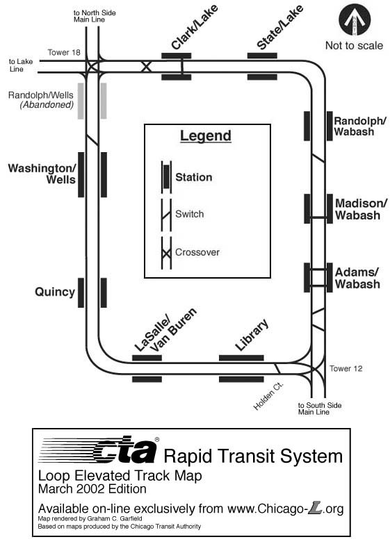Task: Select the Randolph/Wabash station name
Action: point(360,126)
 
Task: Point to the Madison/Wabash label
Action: point(360,208)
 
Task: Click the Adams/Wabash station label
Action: point(357,277)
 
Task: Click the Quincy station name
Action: point(55,292)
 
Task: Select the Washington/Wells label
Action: point(41,174)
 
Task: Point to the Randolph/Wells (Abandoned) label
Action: point(40,99)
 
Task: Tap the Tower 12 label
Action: point(346,368)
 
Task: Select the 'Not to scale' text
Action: point(354,46)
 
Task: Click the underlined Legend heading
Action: point(205,135)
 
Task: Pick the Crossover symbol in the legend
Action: point(166,252)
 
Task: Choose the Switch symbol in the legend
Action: point(166,214)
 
